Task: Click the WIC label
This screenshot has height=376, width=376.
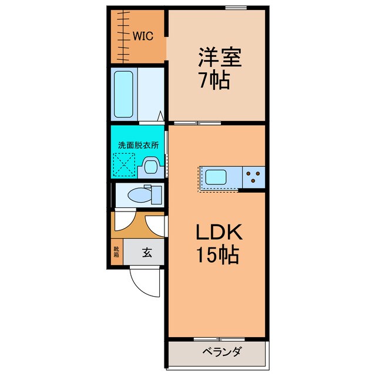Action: point(143,36)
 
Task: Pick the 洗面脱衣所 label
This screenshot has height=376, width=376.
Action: point(139,145)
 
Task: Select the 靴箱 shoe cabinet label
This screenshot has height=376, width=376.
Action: point(116,253)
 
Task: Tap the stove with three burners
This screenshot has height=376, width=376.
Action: point(253,176)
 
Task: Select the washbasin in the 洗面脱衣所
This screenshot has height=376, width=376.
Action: point(150,168)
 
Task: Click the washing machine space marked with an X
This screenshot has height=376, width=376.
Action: point(124,165)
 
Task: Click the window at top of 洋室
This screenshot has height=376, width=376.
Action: point(234,8)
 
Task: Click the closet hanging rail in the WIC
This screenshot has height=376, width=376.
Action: point(123,35)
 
